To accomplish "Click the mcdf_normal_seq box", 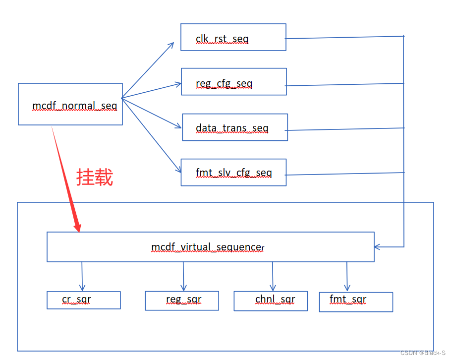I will pyautogui.click(x=70, y=104).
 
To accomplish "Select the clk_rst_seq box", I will pyautogui.click(x=233, y=37).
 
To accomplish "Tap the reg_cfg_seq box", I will pyautogui.click(x=233, y=82).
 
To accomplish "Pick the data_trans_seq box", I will pyautogui.click(x=234, y=127).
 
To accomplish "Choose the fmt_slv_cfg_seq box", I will pyautogui.click(x=233, y=173).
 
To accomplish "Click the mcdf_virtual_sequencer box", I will pyautogui.click(x=210, y=247).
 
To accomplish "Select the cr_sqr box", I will pyautogui.click(x=83, y=300).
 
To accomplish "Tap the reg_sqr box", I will pyautogui.click(x=181, y=300).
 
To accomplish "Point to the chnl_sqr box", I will pyautogui.click(x=270, y=300).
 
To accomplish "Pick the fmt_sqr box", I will pyautogui.click(x=355, y=301).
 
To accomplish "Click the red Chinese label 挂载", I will pyautogui.click(x=95, y=177).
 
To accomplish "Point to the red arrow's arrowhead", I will pyautogui.click(x=77, y=227).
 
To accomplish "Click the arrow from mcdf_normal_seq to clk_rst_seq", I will pyautogui.click(x=148, y=70).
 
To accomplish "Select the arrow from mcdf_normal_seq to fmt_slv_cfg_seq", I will pyautogui.click(x=151, y=134).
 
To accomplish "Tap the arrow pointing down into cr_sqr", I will pyautogui.click(x=82, y=276).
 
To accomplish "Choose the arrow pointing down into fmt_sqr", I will pyautogui.click(x=347, y=276).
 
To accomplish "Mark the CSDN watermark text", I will pyautogui.click(x=423, y=353).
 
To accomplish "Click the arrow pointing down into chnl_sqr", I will pyautogui.click(x=273, y=276).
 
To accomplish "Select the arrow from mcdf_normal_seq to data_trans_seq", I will pyautogui.click(x=151, y=113).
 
